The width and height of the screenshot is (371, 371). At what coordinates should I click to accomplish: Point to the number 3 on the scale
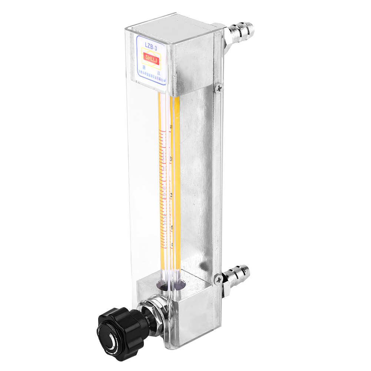[170, 159]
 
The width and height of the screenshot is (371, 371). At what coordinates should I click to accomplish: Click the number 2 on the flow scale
[171, 196]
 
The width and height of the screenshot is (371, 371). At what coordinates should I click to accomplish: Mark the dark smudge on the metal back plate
[203, 265]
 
